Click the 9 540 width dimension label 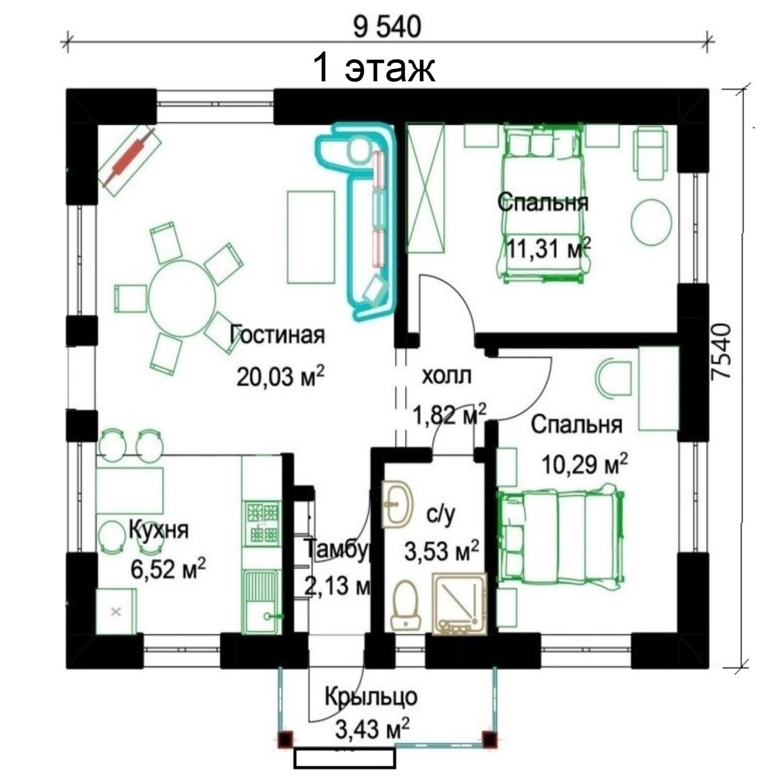click(388, 27)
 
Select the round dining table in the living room click(182, 298)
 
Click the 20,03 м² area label click(280, 375)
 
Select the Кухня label click(158, 531)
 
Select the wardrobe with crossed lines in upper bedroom click(425, 188)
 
